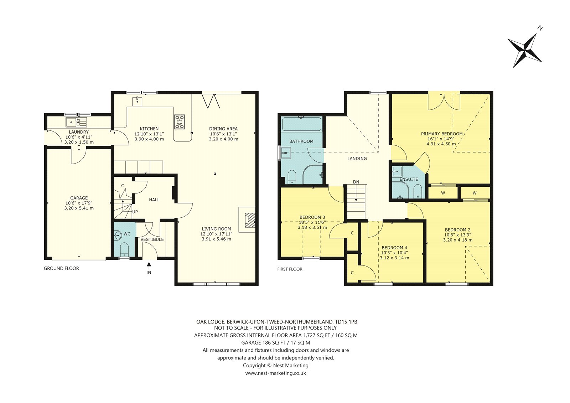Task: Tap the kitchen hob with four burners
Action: [x=180, y=122]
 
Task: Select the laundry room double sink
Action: [x=76, y=122]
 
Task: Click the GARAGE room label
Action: [x=79, y=198]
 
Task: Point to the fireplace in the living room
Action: [x=247, y=220]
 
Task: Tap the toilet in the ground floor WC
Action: [x=124, y=250]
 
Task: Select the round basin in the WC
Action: [x=118, y=235]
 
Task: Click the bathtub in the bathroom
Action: [x=301, y=124]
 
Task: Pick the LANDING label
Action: [x=357, y=158]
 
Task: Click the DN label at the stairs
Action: [x=356, y=182]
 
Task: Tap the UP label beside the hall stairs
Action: [x=135, y=212]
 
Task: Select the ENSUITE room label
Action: [x=409, y=179]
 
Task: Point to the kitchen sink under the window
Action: [x=138, y=101]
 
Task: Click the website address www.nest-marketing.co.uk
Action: [x=276, y=373]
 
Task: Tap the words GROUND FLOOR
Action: [x=61, y=268]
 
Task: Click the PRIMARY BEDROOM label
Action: [x=442, y=134]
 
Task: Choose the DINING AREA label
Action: [x=223, y=129]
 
